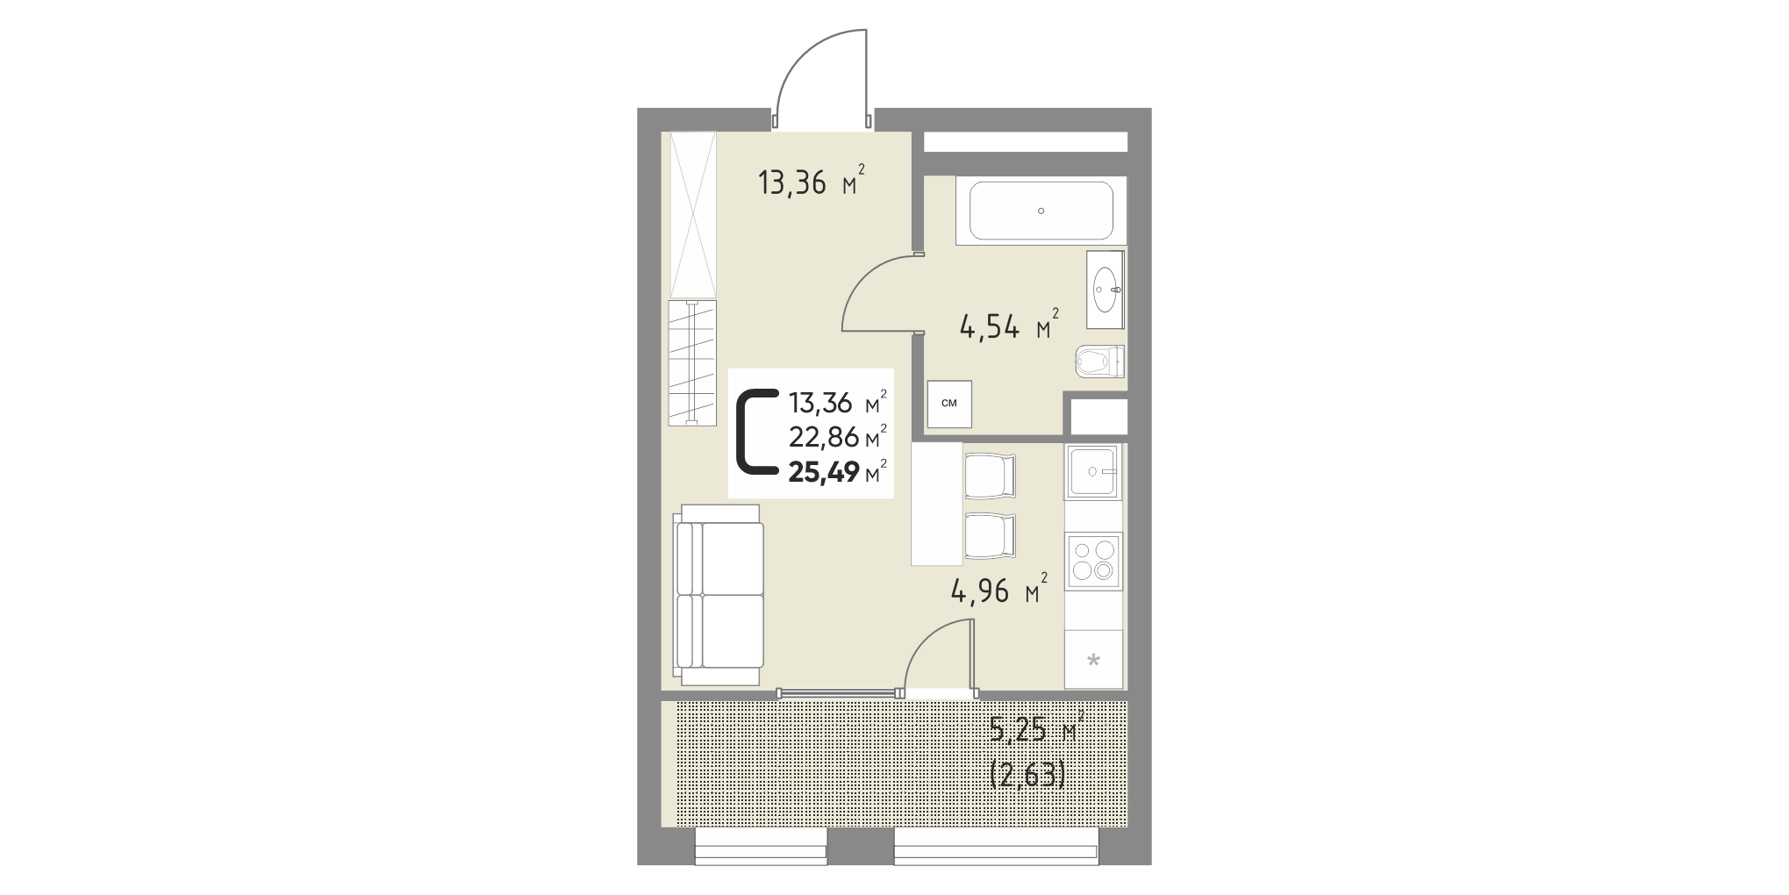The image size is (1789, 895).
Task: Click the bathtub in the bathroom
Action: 1041,211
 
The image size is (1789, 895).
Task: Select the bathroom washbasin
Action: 1106,289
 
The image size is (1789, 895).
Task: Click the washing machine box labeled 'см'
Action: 949,405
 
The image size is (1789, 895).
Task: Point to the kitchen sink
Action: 1093,471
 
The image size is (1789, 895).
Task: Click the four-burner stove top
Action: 1093,561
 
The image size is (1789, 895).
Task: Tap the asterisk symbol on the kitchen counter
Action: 1093,660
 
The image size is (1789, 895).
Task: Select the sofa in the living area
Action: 719,595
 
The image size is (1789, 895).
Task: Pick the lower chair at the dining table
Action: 990,536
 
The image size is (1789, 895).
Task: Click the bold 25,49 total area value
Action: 823,473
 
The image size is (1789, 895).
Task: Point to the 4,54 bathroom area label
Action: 990,328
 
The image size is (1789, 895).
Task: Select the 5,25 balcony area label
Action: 1018,730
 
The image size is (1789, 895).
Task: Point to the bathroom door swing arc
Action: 864,276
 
